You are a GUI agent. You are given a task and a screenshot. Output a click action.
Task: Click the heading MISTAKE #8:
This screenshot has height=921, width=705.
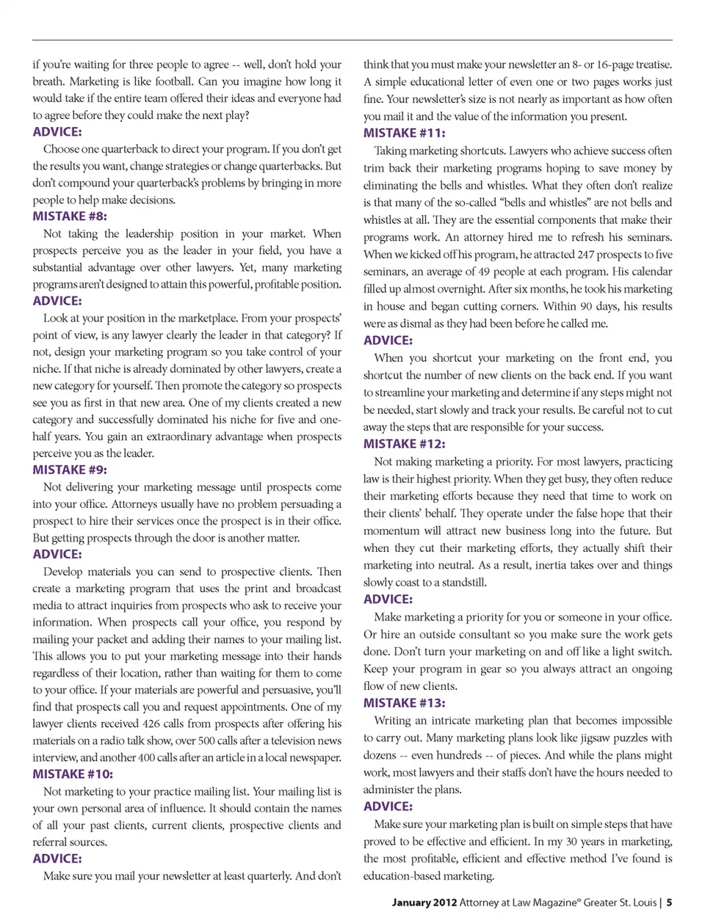(x=70, y=216)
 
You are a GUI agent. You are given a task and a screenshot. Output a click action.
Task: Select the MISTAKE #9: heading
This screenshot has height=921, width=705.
(x=70, y=470)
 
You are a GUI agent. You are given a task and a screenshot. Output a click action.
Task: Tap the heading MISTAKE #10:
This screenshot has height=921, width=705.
(x=73, y=774)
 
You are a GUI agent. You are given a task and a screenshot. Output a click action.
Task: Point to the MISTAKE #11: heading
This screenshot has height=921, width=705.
(x=404, y=133)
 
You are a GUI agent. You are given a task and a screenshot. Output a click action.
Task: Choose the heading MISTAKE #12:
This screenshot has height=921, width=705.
(x=404, y=444)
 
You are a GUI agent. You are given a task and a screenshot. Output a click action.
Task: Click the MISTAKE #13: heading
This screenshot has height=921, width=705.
(x=404, y=703)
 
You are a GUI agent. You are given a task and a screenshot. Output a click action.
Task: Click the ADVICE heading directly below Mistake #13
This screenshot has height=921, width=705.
(x=388, y=806)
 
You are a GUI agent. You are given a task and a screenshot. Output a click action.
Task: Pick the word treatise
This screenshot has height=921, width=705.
(x=648, y=65)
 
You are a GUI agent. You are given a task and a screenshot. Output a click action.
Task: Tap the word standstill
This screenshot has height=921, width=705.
(x=460, y=582)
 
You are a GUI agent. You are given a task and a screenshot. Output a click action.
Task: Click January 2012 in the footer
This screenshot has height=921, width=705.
(x=424, y=903)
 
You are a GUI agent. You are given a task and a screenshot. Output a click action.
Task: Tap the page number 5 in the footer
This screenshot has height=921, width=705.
(x=669, y=903)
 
